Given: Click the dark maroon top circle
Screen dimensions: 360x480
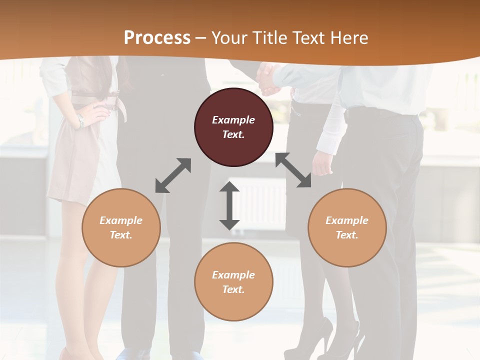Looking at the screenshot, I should [x=233, y=127].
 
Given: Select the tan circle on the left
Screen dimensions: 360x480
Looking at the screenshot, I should [x=121, y=228].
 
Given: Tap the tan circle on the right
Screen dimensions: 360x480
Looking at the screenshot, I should [x=347, y=228].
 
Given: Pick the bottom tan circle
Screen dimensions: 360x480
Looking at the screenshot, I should [x=233, y=282].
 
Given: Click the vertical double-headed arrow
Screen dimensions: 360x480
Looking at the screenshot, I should [x=229, y=205].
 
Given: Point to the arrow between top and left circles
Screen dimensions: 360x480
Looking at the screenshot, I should [x=173, y=175].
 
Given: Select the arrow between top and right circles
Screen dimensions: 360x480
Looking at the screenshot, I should [x=293, y=170].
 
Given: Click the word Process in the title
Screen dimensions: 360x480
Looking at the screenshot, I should [x=157, y=37].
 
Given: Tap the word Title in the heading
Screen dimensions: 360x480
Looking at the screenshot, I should [x=268, y=37].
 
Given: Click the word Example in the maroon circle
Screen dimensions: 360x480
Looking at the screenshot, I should [x=233, y=120].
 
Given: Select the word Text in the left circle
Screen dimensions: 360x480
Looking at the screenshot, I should [x=120, y=235].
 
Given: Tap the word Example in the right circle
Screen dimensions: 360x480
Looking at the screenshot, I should [x=347, y=220].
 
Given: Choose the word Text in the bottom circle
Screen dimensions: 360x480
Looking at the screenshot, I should [x=233, y=289].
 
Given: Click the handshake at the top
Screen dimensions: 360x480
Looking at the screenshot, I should [x=268, y=79].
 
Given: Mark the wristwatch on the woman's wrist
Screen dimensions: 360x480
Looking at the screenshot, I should [x=80, y=120].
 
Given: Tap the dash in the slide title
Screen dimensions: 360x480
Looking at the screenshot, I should [x=201, y=38].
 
